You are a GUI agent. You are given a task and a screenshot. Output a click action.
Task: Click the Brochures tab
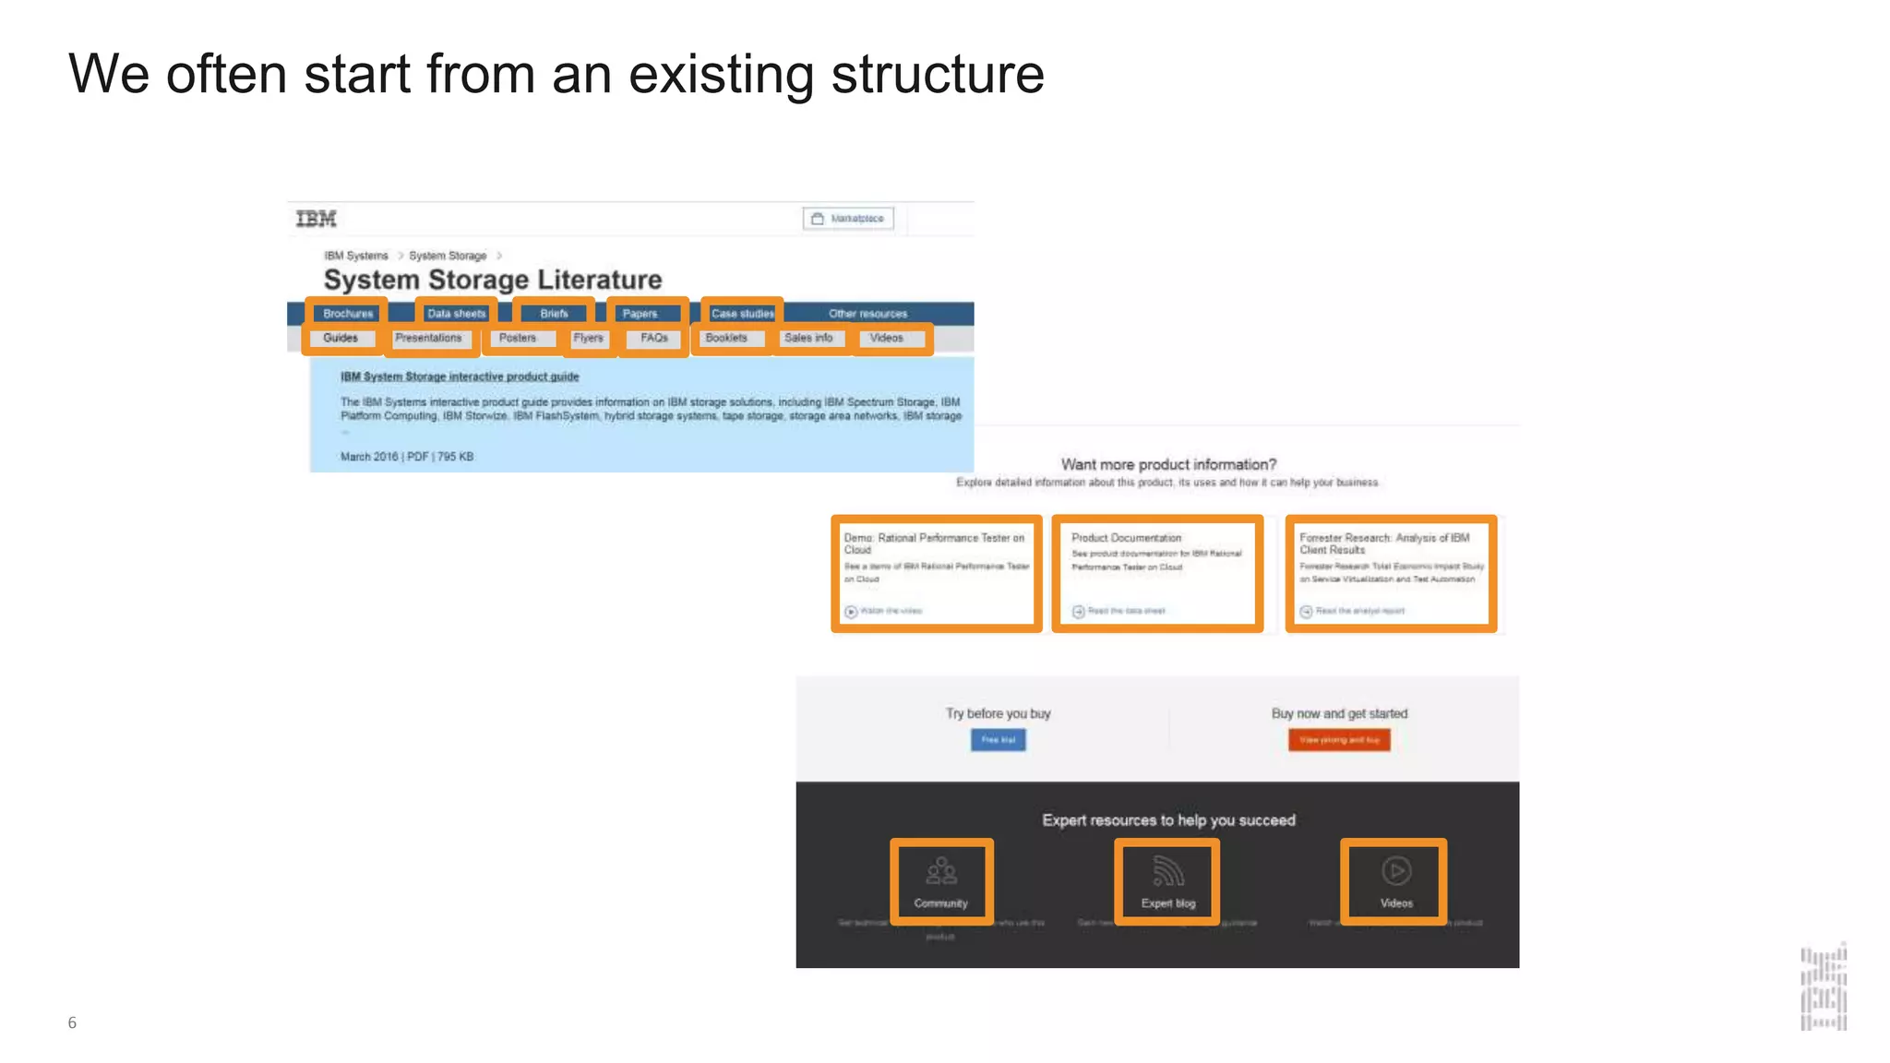click(348, 314)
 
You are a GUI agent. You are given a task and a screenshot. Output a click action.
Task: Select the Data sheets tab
click(456, 314)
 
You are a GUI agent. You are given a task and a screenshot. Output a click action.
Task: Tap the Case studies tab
click(742, 314)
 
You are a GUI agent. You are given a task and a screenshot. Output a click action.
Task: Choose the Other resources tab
click(867, 314)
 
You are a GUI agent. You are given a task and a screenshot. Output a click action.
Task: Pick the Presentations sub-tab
click(428, 339)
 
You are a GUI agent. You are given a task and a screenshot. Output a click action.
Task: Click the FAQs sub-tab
click(654, 339)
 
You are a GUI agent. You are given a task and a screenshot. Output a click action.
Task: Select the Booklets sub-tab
click(726, 339)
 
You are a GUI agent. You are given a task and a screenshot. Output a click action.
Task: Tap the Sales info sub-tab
click(808, 339)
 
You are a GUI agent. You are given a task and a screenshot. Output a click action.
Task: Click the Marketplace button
click(848, 219)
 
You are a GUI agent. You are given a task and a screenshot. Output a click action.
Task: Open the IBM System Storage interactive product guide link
click(460, 376)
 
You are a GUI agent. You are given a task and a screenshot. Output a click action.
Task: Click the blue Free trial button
click(998, 740)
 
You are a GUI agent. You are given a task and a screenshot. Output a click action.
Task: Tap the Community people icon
click(941, 870)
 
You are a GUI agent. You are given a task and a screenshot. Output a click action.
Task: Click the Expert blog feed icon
click(1167, 870)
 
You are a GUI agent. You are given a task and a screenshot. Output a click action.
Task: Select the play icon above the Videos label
click(1396, 870)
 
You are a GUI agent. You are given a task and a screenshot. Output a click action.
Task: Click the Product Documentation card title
click(1126, 538)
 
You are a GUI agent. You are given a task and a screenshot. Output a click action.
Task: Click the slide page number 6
click(72, 1022)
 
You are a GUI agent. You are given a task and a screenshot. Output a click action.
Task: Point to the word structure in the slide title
click(937, 74)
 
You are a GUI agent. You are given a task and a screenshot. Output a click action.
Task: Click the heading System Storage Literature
click(493, 280)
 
